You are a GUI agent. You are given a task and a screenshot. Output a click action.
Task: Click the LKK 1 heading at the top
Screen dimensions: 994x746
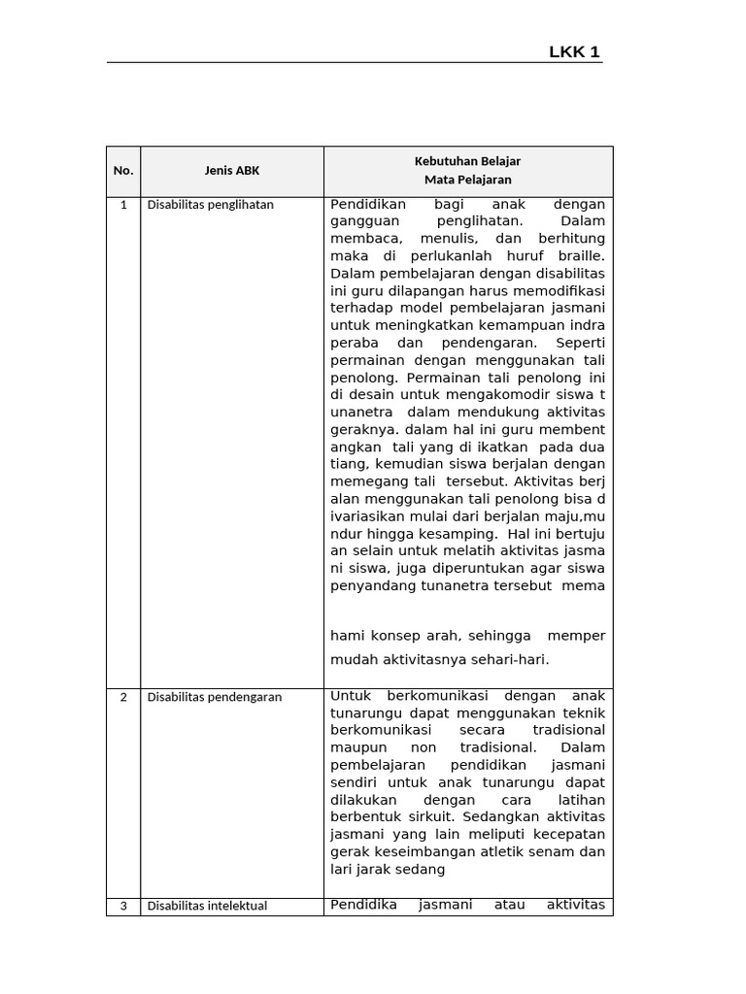coord(575,52)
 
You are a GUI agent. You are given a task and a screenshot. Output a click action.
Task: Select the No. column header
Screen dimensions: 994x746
coord(123,171)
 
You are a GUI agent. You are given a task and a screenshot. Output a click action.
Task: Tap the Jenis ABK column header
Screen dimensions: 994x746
coord(232,171)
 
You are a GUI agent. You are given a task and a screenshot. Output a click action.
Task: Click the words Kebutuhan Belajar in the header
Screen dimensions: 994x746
coord(467,161)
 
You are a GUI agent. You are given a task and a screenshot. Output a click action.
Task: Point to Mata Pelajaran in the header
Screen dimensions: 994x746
coord(467,180)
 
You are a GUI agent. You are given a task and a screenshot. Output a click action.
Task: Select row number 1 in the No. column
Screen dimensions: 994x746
coord(123,205)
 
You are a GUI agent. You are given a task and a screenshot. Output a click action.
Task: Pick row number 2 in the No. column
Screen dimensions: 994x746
coord(123,697)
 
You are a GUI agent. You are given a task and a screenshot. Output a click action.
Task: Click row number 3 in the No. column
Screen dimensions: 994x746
coord(123,907)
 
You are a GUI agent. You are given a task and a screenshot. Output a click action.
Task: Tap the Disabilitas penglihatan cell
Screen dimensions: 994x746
coord(211,205)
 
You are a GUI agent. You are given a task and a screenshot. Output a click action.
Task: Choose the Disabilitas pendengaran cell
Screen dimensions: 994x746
coord(215,697)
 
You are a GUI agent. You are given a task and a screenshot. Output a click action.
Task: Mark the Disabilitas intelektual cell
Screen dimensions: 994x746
coord(207,907)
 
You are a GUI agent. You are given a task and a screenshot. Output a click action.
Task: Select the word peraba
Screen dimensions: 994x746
coord(351,344)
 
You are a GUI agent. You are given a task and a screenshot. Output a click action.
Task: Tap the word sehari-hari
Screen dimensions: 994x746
coord(514,659)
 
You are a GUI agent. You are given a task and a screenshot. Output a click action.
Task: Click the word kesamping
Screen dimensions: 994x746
coord(449,534)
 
